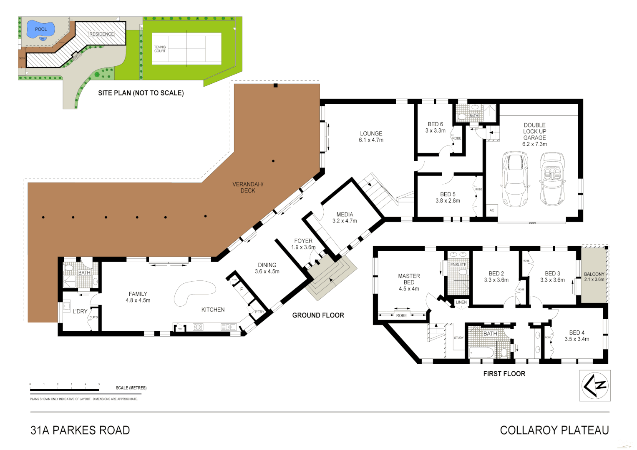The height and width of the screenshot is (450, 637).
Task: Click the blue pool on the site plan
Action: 40,29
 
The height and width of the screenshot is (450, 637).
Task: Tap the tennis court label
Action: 160,49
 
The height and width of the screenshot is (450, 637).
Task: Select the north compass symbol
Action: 595,385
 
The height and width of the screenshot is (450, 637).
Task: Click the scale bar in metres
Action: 65,390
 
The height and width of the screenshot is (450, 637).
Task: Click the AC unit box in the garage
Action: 492,210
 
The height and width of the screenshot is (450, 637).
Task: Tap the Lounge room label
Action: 371,137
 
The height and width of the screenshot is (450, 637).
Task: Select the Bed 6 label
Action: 435,124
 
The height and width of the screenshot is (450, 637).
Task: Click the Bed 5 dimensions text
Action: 448,201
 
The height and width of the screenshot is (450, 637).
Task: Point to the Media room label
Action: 345,215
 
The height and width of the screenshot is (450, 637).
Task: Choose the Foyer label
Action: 303,241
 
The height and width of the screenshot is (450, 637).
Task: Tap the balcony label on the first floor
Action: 594,274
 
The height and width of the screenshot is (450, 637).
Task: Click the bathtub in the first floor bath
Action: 481,353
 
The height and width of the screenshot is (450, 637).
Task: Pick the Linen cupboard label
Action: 461,302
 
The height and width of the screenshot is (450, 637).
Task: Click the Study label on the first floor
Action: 458,338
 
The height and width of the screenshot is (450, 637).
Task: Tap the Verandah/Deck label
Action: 248,187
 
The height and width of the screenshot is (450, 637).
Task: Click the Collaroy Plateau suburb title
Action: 554,430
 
